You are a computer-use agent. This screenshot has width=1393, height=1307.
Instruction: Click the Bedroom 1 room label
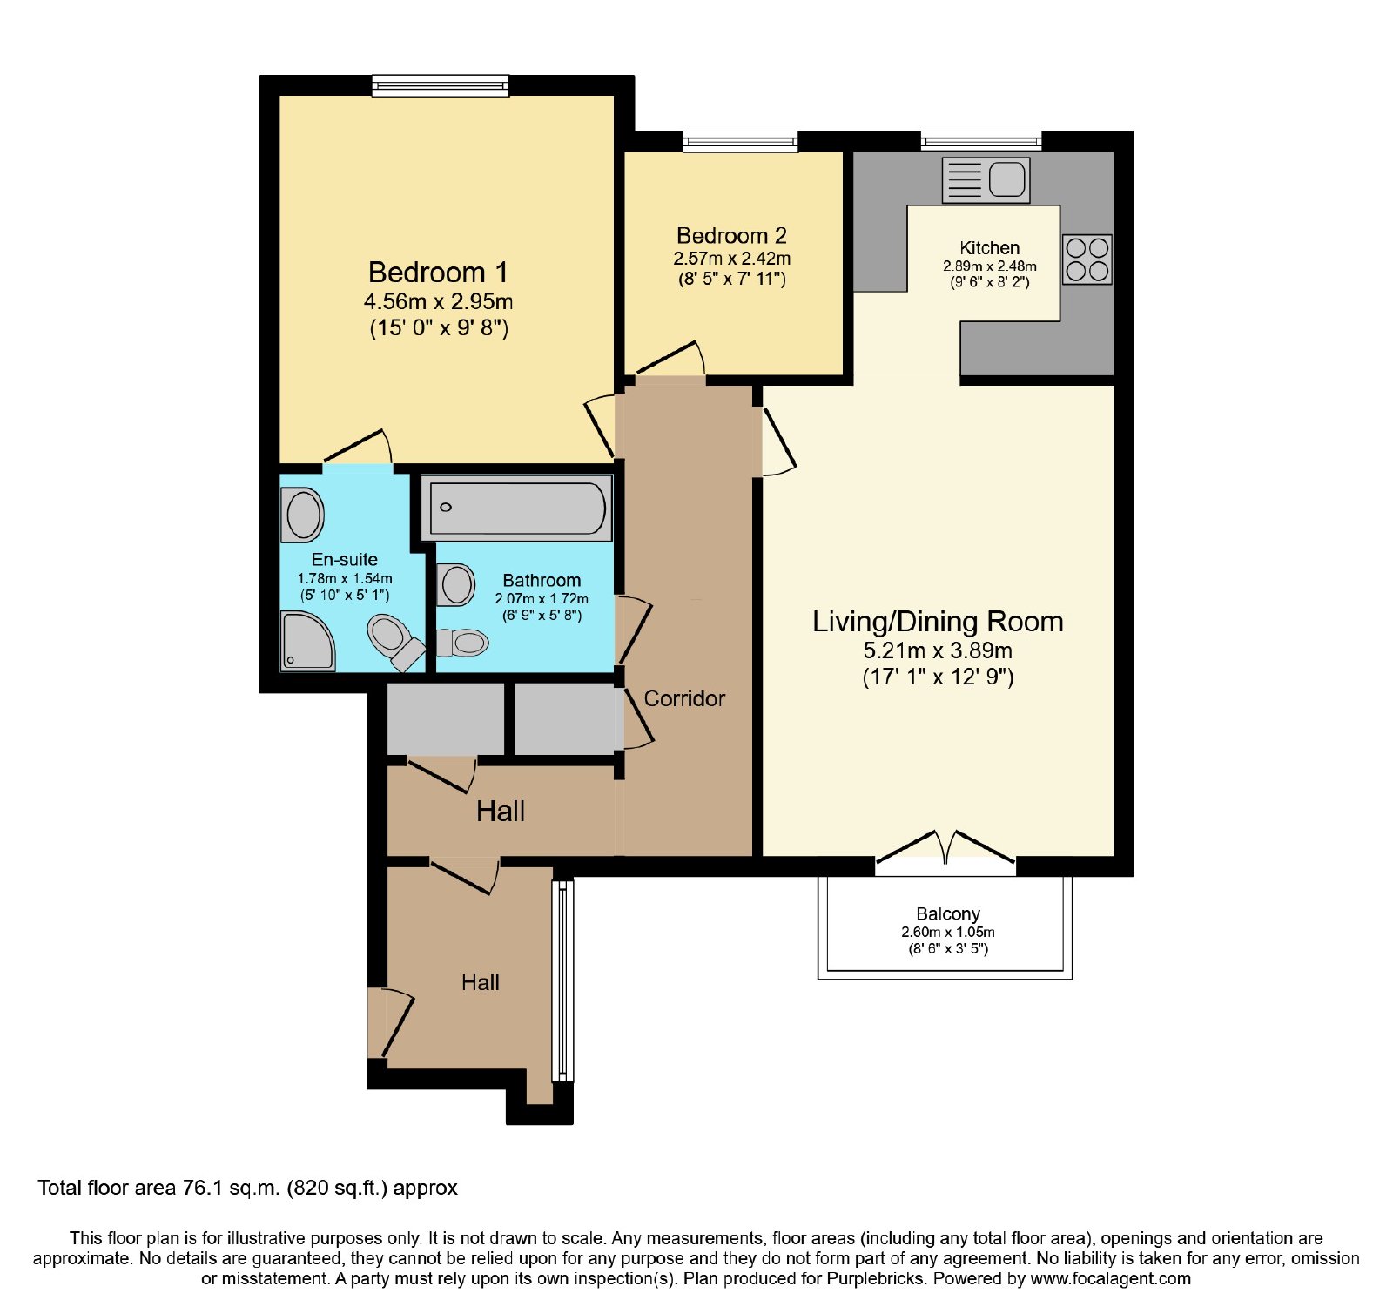tap(438, 273)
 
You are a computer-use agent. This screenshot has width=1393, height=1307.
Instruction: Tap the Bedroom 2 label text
tap(731, 236)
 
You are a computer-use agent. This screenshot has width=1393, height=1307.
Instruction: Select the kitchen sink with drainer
tap(986, 180)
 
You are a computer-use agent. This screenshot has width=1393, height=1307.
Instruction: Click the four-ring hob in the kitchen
tap(1087, 259)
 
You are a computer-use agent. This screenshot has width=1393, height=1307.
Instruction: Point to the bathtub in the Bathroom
tap(516, 508)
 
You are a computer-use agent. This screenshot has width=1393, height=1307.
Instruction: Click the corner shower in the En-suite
tap(307, 641)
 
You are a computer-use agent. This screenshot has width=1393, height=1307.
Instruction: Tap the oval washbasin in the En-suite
tap(302, 515)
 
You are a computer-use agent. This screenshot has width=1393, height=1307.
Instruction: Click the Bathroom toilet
tap(461, 643)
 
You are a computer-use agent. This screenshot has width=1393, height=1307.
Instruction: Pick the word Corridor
tap(684, 698)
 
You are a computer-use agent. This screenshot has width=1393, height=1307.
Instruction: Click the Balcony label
tap(948, 913)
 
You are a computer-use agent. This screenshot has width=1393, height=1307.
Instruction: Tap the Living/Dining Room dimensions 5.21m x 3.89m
tap(938, 650)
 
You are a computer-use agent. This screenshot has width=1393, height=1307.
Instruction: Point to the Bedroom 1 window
tap(441, 85)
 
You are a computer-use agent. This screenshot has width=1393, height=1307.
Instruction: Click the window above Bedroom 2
tap(740, 141)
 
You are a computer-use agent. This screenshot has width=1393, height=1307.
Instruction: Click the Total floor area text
tap(247, 1188)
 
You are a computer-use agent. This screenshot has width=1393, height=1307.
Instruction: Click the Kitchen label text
tap(990, 248)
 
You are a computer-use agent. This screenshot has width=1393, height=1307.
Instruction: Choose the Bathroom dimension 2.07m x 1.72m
tap(542, 599)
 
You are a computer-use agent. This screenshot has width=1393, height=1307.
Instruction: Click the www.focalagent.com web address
tap(1110, 1279)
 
